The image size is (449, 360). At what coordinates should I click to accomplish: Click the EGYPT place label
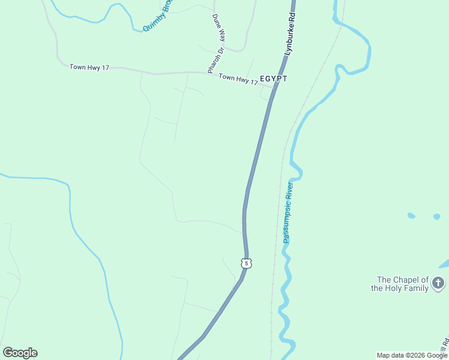click(x=273, y=79)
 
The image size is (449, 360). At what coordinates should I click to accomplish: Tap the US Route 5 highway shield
click(x=247, y=263)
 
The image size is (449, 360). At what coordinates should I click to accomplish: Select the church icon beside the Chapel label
click(x=438, y=283)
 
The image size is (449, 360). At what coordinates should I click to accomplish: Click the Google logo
click(x=20, y=352)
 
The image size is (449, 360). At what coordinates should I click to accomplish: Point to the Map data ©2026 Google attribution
click(x=412, y=355)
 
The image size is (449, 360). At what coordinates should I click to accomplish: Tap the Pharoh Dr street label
click(x=215, y=61)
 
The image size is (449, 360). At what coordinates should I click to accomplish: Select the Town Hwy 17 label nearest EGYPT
click(x=238, y=78)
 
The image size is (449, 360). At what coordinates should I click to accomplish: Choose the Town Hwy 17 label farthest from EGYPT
click(x=89, y=67)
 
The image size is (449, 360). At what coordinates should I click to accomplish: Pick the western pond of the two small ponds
click(x=411, y=215)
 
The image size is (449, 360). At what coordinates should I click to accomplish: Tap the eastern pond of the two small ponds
click(x=436, y=217)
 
